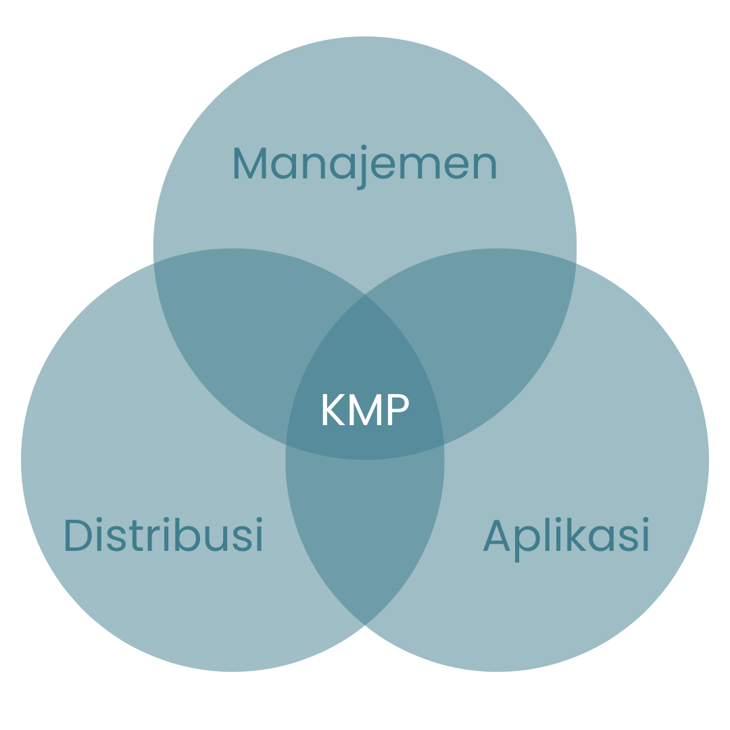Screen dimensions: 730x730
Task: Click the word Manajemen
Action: coord(365,167)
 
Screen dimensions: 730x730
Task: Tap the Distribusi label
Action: coord(164,534)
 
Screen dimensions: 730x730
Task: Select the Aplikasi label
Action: coord(566,539)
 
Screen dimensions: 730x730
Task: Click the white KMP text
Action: coord(366,409)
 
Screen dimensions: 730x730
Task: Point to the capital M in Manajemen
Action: coord(250,163)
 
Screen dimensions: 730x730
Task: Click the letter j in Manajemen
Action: coord(362,168)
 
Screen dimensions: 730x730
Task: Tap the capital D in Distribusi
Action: coord(78,535)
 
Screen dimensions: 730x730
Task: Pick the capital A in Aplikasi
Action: coord(497,535)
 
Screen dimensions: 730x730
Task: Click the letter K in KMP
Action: coord(334,409)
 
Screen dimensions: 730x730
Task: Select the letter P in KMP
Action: coord(399,409)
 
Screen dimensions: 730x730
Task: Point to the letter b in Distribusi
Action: coord(188,535)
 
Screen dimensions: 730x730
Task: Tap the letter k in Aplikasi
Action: coord(576,535)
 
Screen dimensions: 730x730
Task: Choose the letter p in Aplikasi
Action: coord(527,543)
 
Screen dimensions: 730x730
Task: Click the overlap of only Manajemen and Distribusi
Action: coord(233,335)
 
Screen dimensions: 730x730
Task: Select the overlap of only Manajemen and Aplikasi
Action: coord(497,335)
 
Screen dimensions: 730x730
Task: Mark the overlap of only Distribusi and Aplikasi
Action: coord(365,535)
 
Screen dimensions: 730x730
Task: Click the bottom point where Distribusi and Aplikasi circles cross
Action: coord(365,625)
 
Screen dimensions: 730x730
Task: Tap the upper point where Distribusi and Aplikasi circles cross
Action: coord(365,294)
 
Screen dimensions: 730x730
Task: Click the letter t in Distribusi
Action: coord(136,536)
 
